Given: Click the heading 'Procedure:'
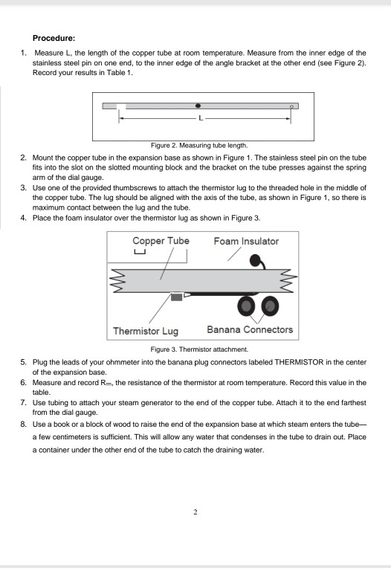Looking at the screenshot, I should click(59, 35).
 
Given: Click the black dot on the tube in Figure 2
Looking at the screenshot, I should click(198, 106).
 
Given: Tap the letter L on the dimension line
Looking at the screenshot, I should click(198, 118).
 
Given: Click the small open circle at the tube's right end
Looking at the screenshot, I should click(292, 106).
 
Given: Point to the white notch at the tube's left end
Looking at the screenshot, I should click(120, 106).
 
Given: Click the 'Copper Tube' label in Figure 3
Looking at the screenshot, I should click(161, 242).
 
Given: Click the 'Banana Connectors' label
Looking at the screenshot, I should click(250, 330).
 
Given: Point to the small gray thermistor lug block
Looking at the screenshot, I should click(176, 297).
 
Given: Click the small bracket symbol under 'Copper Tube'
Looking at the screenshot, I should click(139, 253).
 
